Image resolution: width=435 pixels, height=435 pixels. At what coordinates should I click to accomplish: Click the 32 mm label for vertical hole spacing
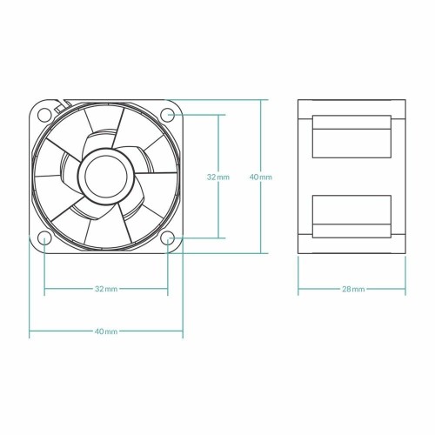217,176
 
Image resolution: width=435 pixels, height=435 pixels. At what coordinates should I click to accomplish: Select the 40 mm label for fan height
261,176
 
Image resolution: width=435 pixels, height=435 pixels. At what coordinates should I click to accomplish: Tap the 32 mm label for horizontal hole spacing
106,288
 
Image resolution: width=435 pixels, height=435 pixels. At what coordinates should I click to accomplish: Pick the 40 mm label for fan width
106,331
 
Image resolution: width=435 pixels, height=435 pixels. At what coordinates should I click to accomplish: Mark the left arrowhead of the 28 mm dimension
300,288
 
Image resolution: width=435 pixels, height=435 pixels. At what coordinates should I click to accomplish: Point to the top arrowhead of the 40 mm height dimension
261,102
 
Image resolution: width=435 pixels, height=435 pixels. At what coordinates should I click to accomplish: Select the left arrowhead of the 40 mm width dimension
32,331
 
